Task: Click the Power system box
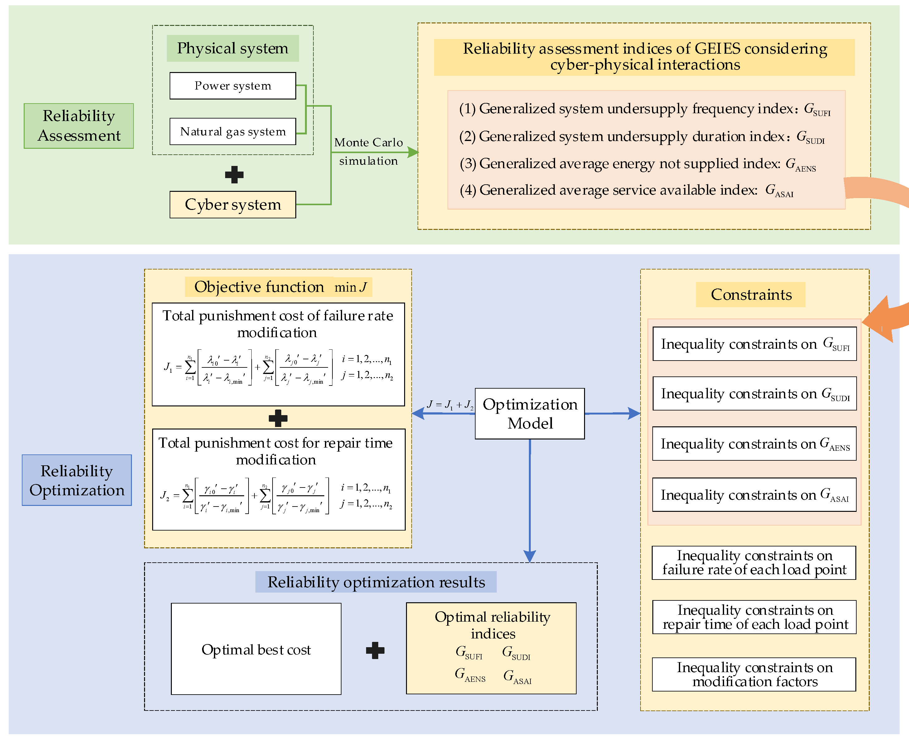point(233,86)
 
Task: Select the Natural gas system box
point(233,132)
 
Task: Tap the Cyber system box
point(233,205)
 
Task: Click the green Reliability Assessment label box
point(79,126)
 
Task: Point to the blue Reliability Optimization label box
point(77,480)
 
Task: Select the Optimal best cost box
point(256,649)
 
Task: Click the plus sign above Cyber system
point(234,174)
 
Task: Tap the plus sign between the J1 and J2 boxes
point(278,418)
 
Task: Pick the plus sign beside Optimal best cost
point(375,650)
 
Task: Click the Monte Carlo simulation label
point(368,151)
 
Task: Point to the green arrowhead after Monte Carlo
point(413,152)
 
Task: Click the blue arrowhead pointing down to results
point(529,556)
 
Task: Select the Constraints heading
point(751,294)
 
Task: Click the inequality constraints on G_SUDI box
point(754,393)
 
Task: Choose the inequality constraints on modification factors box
point(754,674)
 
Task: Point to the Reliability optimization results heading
point(376,582)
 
